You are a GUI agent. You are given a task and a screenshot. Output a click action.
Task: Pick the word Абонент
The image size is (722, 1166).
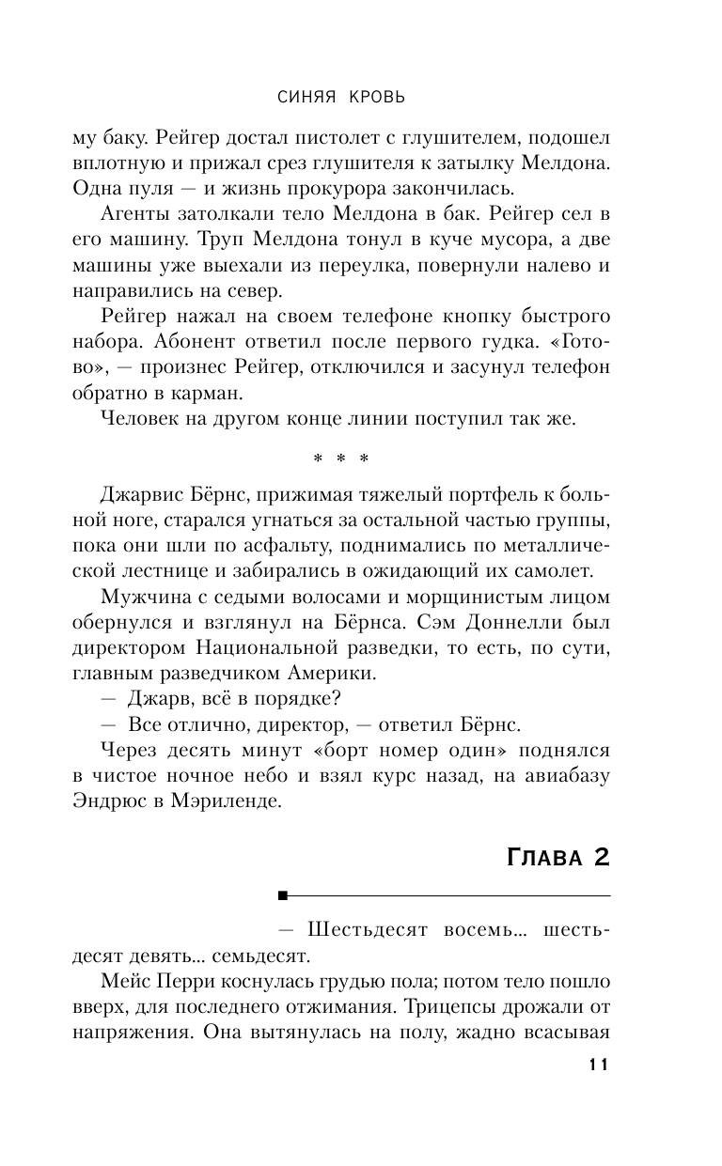240,343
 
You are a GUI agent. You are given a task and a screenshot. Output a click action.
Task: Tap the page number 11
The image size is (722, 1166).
599,1065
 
